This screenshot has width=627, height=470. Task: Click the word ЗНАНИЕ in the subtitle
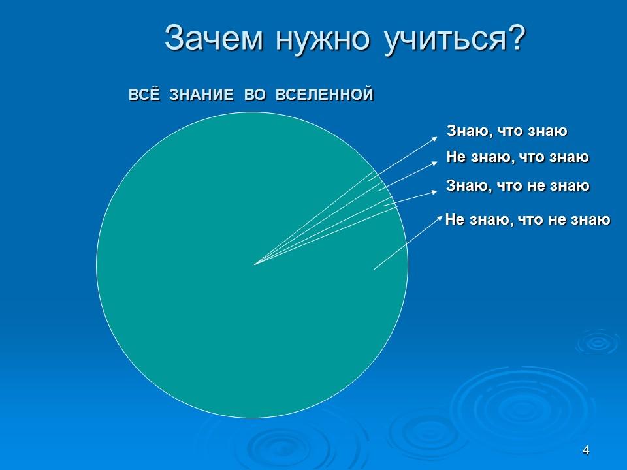point(201,95)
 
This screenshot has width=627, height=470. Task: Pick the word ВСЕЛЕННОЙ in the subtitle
point(324,95)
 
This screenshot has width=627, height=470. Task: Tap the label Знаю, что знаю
point(507,131)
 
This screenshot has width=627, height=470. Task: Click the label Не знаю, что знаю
point(517,157)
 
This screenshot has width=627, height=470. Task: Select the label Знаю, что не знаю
point(517,186)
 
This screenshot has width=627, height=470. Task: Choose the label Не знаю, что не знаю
point(527,220)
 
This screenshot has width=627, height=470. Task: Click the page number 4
point(586,450)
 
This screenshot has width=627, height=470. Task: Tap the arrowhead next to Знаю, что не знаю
point(435,192)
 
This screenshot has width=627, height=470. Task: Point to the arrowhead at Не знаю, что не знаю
point(442,217)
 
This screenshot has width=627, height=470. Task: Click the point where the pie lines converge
point(255,264)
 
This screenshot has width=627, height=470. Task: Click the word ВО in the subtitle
point(255,95)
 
